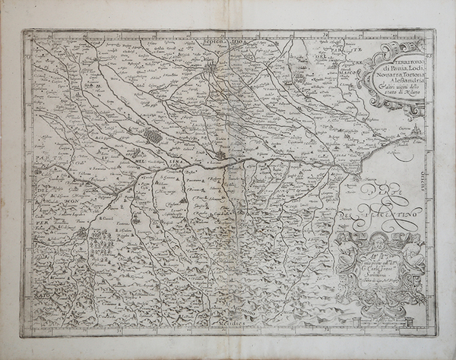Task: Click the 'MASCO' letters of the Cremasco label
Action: [x=332, y=73]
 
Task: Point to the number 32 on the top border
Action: [x=322, y=34]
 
